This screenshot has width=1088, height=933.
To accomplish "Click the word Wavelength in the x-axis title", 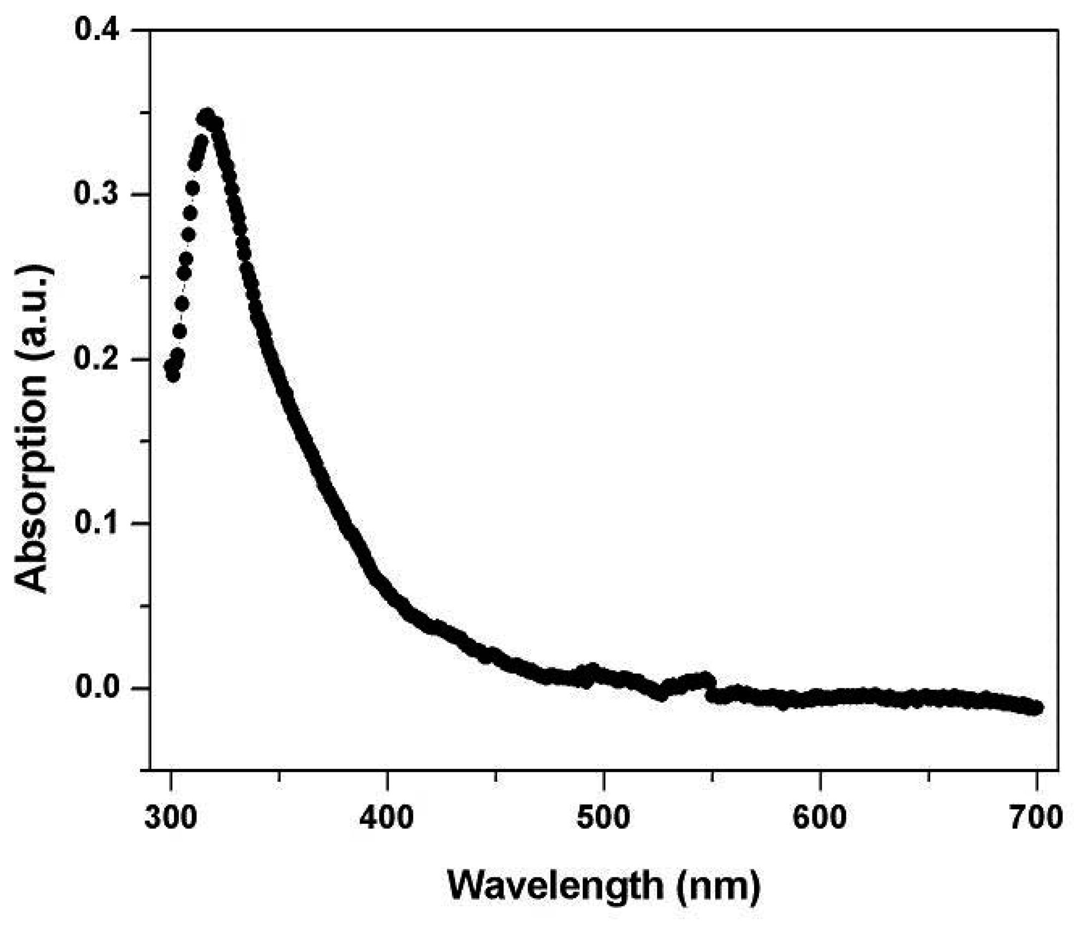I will (555, 886).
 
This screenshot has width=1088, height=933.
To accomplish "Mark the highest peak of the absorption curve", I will (207, 116).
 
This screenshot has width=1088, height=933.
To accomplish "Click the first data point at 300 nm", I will (170, 366).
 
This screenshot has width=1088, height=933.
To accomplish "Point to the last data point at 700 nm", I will (1036, 708).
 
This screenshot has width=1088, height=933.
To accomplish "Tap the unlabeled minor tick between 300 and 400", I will (279, 775).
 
